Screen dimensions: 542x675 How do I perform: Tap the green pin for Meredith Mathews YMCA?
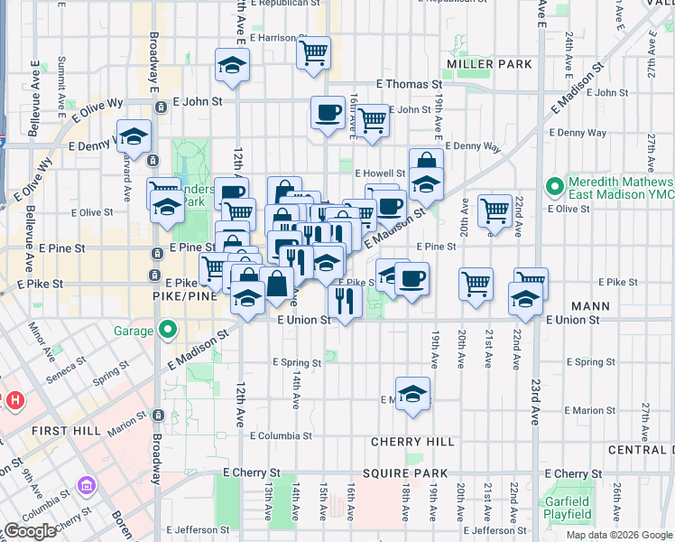point(555,188)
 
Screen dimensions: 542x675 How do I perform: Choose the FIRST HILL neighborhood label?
point(65,431)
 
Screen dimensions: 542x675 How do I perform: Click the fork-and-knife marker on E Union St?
point(344,300)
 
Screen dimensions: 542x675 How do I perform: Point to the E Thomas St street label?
point(408,83)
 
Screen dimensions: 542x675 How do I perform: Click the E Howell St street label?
point(379,173)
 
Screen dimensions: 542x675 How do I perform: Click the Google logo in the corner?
point(31,531)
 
